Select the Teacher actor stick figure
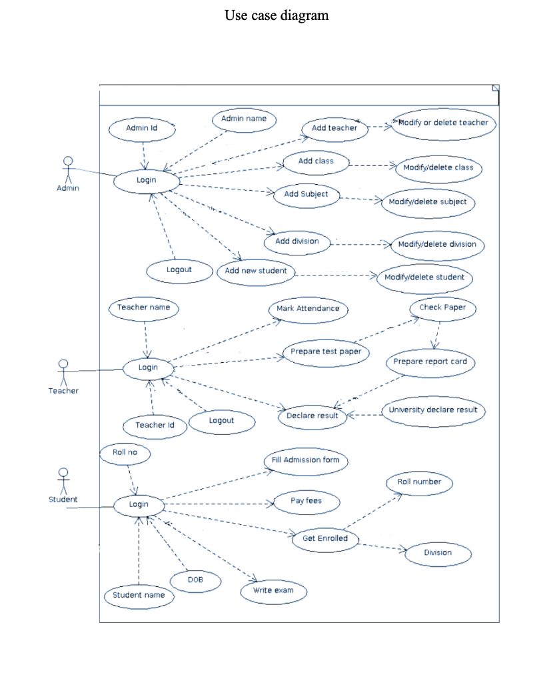tap(63, 371)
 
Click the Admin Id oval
tap(141, 129)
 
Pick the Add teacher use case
tap(334, 128)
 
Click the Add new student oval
tap(256, 271)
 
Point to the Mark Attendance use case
tap(308, 309)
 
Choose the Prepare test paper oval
tap(326, 352)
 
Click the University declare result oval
tap(433, 410)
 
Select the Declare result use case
tap(312, 416)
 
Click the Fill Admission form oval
tap(306, 461)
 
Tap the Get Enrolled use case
tap(325, 539)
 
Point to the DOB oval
tap(195, 581)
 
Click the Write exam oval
tap(273, 591)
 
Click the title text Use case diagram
tap(277, 15)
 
